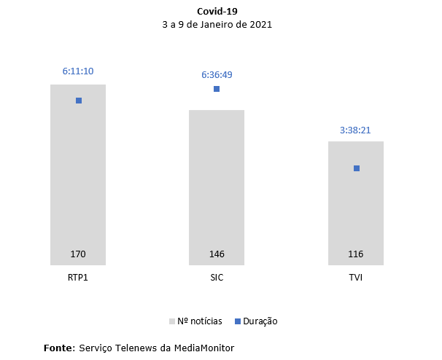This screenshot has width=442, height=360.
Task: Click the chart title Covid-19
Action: coord(217,12)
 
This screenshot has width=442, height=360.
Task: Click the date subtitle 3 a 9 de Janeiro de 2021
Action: coord(217,24)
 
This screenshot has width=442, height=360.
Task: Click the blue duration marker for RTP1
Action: coord(79,101)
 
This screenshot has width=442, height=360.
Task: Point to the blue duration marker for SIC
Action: coord(217,89)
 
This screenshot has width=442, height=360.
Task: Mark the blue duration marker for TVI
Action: coord(357,168)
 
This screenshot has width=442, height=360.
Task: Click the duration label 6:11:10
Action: coord(78,71)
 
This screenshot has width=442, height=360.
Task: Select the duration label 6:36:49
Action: coord(217,74)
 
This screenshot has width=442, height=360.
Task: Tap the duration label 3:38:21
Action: coord(356,130)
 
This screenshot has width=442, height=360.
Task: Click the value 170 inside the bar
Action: coord(78,254)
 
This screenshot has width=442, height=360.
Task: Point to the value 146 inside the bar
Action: coord(217,254)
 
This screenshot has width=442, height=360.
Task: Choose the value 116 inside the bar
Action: coord(356,254)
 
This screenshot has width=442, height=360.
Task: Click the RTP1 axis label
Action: coord(78,278)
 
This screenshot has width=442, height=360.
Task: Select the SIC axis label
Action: coord(217,278)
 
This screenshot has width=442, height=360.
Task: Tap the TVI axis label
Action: coord(356,278)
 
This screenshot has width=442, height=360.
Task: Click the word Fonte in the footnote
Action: coord(58,348)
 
